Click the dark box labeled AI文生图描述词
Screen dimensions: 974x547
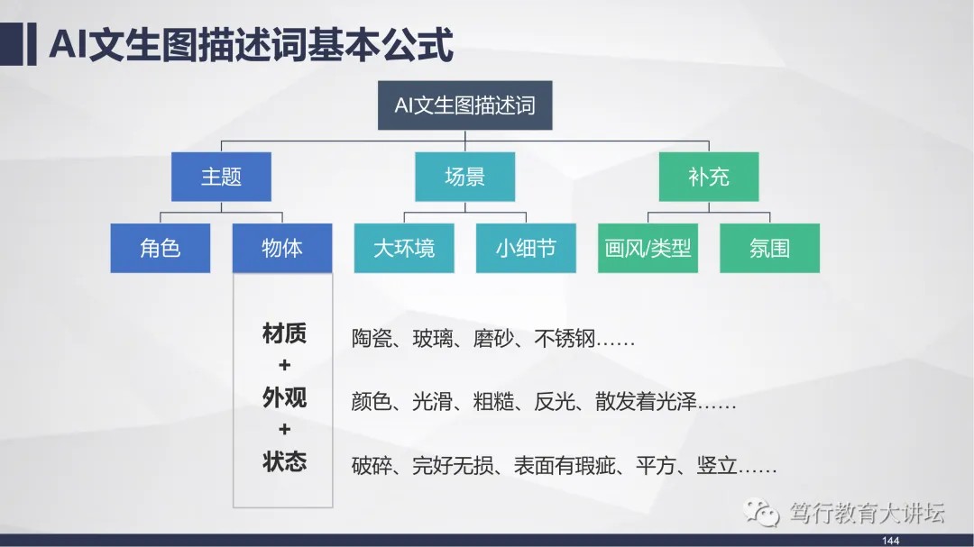coord(464,105)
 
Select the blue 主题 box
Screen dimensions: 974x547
coord(221,177)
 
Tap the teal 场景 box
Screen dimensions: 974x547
coord(464,177)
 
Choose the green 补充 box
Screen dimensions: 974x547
coord(709,177)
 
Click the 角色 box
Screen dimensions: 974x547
coord(161,248)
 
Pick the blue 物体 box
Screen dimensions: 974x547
coord(282,248)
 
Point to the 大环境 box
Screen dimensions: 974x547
coord(404,248)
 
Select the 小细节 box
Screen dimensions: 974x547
coord(526,248)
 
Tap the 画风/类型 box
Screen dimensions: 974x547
coord(648,248)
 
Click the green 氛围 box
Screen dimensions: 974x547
coord(769,248)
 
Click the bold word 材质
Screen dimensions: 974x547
coord(284,333)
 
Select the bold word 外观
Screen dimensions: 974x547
coord(284,397)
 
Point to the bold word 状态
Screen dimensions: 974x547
coord(284,461)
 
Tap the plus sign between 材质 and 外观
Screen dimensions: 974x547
coord(284,365)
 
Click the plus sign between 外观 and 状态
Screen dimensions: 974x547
coord(284,429)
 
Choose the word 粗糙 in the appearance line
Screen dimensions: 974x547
coord(493,402)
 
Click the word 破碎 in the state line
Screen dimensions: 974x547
coord(372,465)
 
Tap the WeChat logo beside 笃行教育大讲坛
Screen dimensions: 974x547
coord(761,512)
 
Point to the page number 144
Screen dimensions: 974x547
coord(890,541)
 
